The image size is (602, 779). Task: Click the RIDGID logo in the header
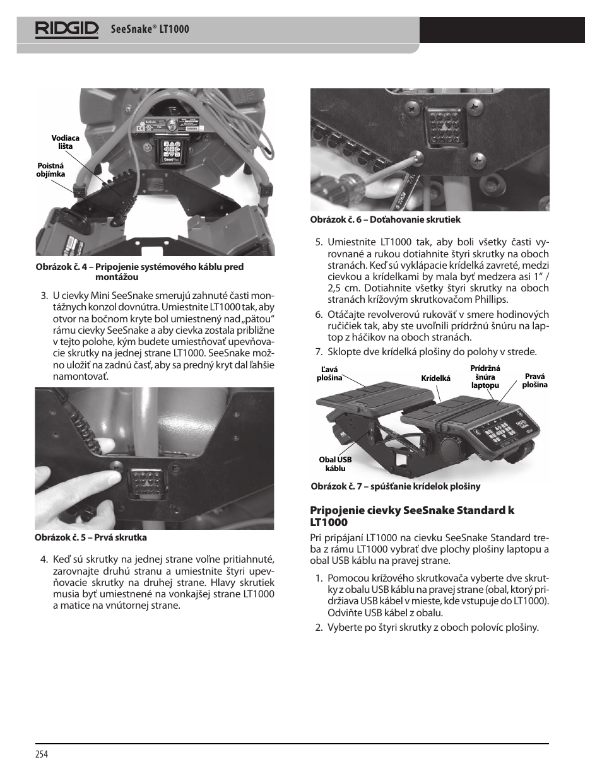tap(67, 29)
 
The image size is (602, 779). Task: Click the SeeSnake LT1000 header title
tap(150, 29)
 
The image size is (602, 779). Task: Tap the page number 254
tap(42, 754)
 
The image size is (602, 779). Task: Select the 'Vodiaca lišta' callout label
tap(65, 142)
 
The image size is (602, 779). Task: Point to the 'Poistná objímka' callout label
tap(50, 170)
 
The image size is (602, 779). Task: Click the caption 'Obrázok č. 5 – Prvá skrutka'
tap(91, 537)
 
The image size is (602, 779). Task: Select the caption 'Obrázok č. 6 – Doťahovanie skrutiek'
tap(385, 220)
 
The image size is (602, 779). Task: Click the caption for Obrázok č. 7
tap(395, 486)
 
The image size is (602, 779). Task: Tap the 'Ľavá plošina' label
tap(329, 374)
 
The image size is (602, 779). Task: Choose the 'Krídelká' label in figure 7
tap(435, 378)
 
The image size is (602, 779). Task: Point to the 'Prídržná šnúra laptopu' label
tap(485, 377)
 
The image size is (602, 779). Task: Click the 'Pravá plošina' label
tap(534, 380)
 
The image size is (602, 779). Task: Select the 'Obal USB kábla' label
tap(335, 464)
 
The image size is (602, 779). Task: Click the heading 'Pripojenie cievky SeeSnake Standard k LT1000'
tap(411, 516)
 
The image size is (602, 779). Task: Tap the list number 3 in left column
tap(44, 296)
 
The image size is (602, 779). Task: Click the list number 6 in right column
tap(319, 315)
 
